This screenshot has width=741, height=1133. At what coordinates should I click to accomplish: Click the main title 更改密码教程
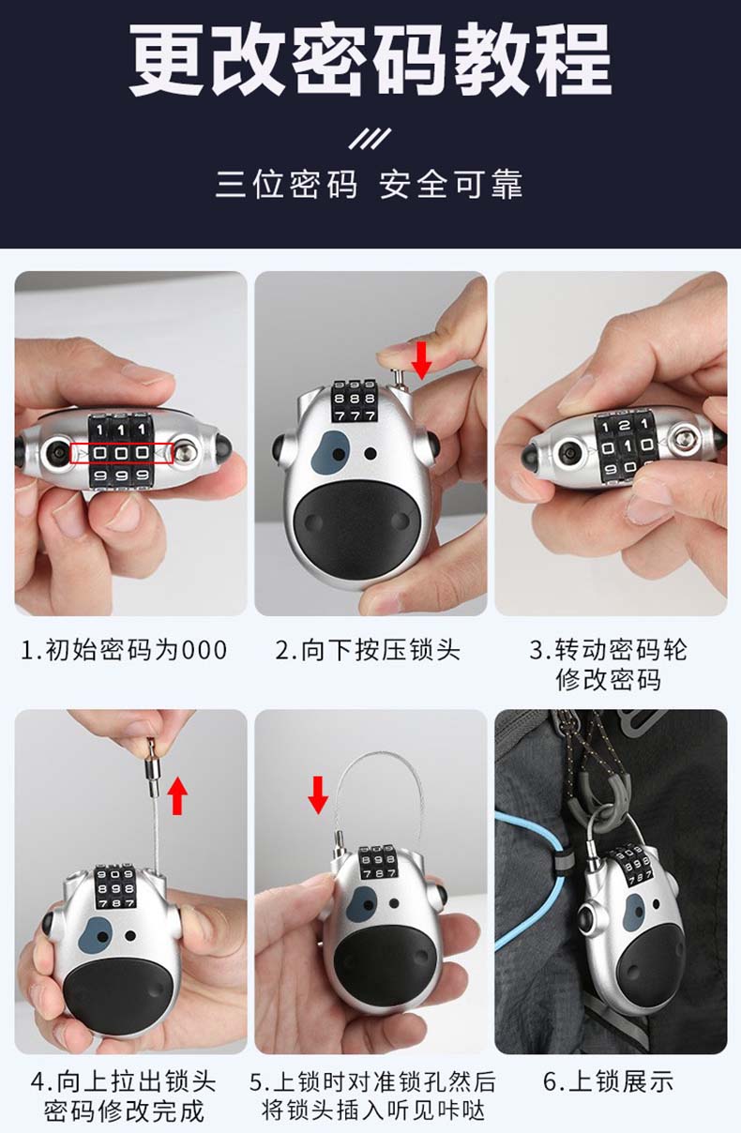[x=370, y=60]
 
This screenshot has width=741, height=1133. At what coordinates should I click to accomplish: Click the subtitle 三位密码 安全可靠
[x=370, y=184]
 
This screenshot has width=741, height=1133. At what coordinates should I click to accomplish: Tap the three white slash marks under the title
[x=370, y=139]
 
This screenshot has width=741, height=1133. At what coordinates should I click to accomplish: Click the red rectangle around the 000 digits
[x=121, y=453]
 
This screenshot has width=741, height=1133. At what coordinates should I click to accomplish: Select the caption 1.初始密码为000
[x=124, y=650]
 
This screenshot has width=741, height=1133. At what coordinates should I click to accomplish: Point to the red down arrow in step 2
[x=421, y=361]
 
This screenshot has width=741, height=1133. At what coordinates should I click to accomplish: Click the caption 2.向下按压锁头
[x=368, y=650]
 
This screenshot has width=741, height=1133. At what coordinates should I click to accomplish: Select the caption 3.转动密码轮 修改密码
[x=609, y=665]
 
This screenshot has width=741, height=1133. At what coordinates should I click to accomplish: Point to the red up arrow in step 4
[x=177, y=795]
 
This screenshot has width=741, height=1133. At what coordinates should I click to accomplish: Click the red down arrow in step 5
[x=318, y=795]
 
